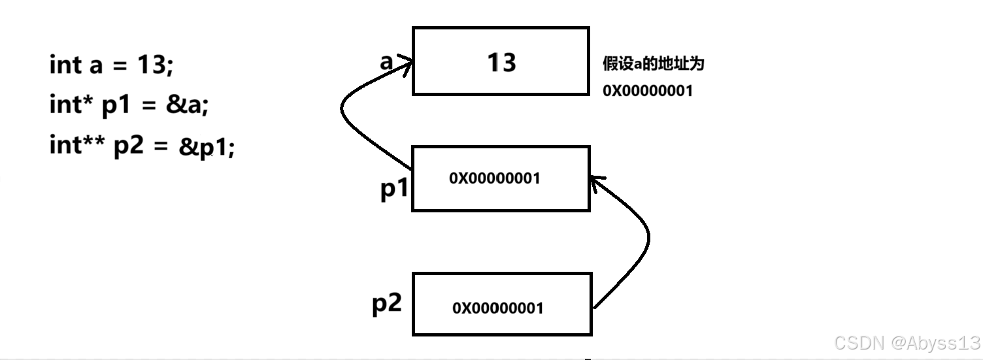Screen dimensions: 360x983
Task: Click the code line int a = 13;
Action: pos(111,65)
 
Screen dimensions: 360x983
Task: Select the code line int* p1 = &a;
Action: pos(129,105)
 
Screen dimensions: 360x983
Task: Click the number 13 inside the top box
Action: pos(501,63)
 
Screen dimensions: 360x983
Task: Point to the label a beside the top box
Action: pos(386,62)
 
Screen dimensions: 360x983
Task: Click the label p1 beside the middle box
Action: pos(394,189)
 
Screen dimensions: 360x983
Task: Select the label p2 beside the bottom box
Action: pos(387,303)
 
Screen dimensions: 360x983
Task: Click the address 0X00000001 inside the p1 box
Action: pos(495,178)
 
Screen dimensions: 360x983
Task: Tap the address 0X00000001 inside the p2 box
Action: pos(497,308)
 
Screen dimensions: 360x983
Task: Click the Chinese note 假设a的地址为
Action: pos(653,65)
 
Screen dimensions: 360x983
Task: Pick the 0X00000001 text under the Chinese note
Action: pos(647,91)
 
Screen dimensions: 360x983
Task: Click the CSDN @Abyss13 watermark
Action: pos(908,342)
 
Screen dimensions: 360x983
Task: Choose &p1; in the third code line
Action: pos(207,147)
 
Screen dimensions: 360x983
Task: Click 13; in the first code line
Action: pos(155,65)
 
